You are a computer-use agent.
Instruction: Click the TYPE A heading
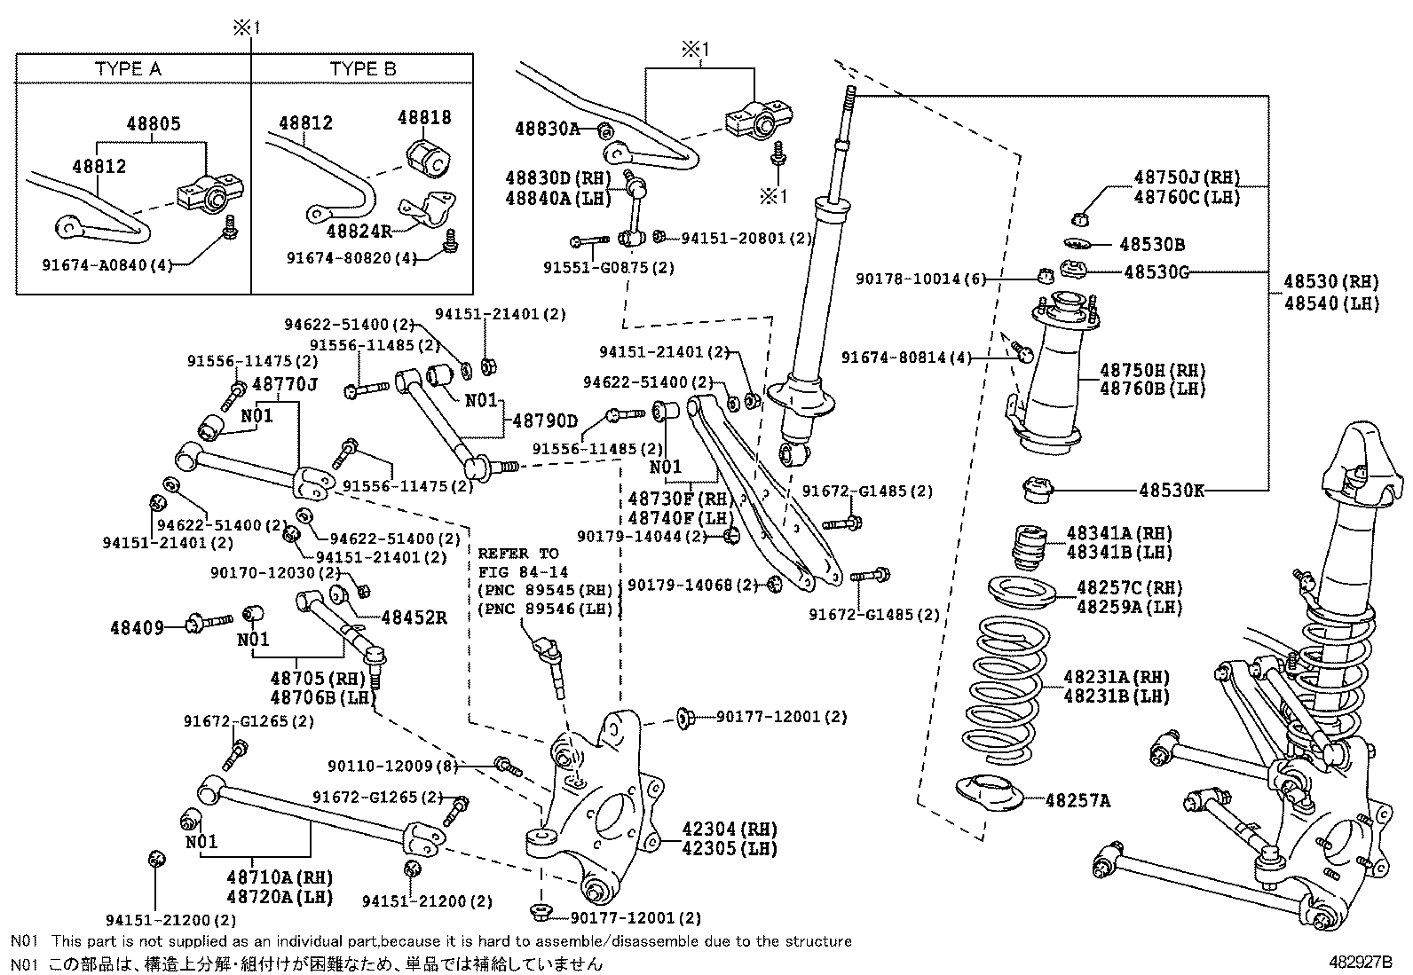point(128,68)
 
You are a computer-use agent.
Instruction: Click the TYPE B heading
point(363,68)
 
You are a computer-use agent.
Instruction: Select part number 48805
point(154,123)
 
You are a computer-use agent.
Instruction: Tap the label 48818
point(424,117)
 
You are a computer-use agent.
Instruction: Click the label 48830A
point(547,129)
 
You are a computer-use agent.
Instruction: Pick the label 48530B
point(1152,244)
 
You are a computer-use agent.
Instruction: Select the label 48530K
point(1172,490)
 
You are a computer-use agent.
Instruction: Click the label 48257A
point(1078,800)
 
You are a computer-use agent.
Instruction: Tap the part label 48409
point(137,627)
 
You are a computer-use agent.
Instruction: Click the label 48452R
point(414,617)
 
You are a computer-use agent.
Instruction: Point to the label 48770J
point(285,384)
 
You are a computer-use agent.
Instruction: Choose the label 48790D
point(545,421)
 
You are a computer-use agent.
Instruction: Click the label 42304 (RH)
point(730,829)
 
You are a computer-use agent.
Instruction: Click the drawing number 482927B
point(1360,962)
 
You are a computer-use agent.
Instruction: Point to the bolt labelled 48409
point(209,623)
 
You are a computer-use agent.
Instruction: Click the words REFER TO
point(517,554)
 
